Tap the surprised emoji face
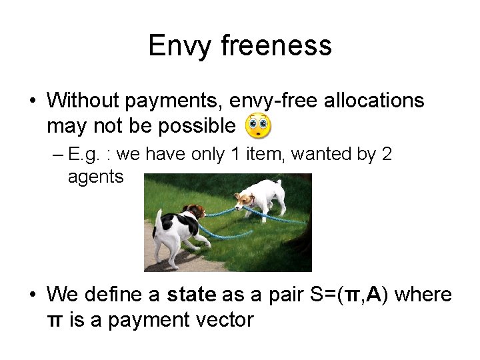pyautogui.click(x=259, y=125)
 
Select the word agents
pyautogui.click(x=95, y=177)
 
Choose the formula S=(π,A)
pyautogui.click(x=359, y=294)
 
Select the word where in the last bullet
pyautogui.click(x=427, y=294)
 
